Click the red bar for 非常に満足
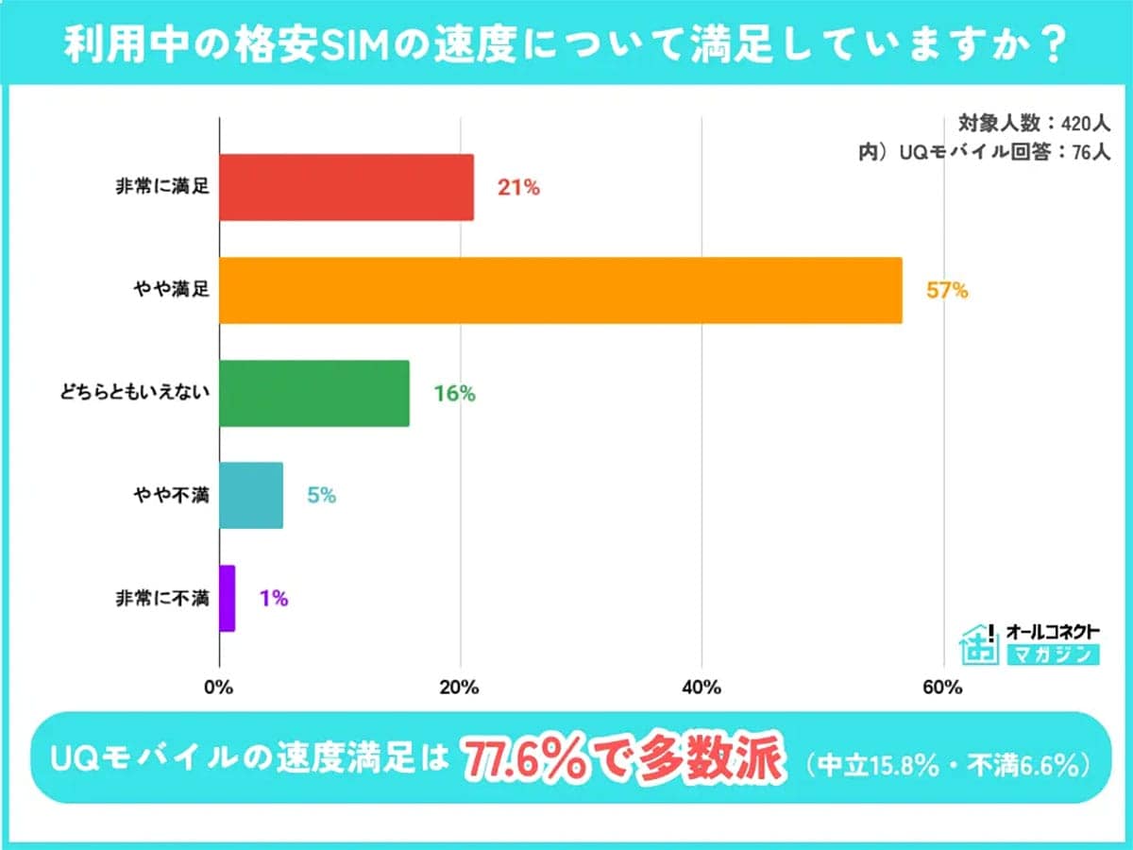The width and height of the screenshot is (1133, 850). click(346, 188)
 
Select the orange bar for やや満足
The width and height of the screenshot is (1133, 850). click(560, 291)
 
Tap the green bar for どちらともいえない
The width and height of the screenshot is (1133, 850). click(313, 393)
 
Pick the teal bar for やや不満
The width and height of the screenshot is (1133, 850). click(250, 495)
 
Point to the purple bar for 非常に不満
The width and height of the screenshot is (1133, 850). click(227, 598)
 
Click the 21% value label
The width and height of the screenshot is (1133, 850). click(518, 188)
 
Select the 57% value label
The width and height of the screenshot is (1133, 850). click(947, 291)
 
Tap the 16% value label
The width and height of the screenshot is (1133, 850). click(454, 394)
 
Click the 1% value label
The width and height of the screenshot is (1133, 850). click(273, 598)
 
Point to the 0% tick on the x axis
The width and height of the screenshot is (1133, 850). click(219, 688)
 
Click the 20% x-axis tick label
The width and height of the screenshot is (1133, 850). click(460, 688)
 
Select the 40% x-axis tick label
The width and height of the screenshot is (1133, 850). click(702, 688)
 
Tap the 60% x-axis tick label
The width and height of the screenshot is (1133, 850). click(942, 688)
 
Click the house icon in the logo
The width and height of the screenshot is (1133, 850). click(978, 645)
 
